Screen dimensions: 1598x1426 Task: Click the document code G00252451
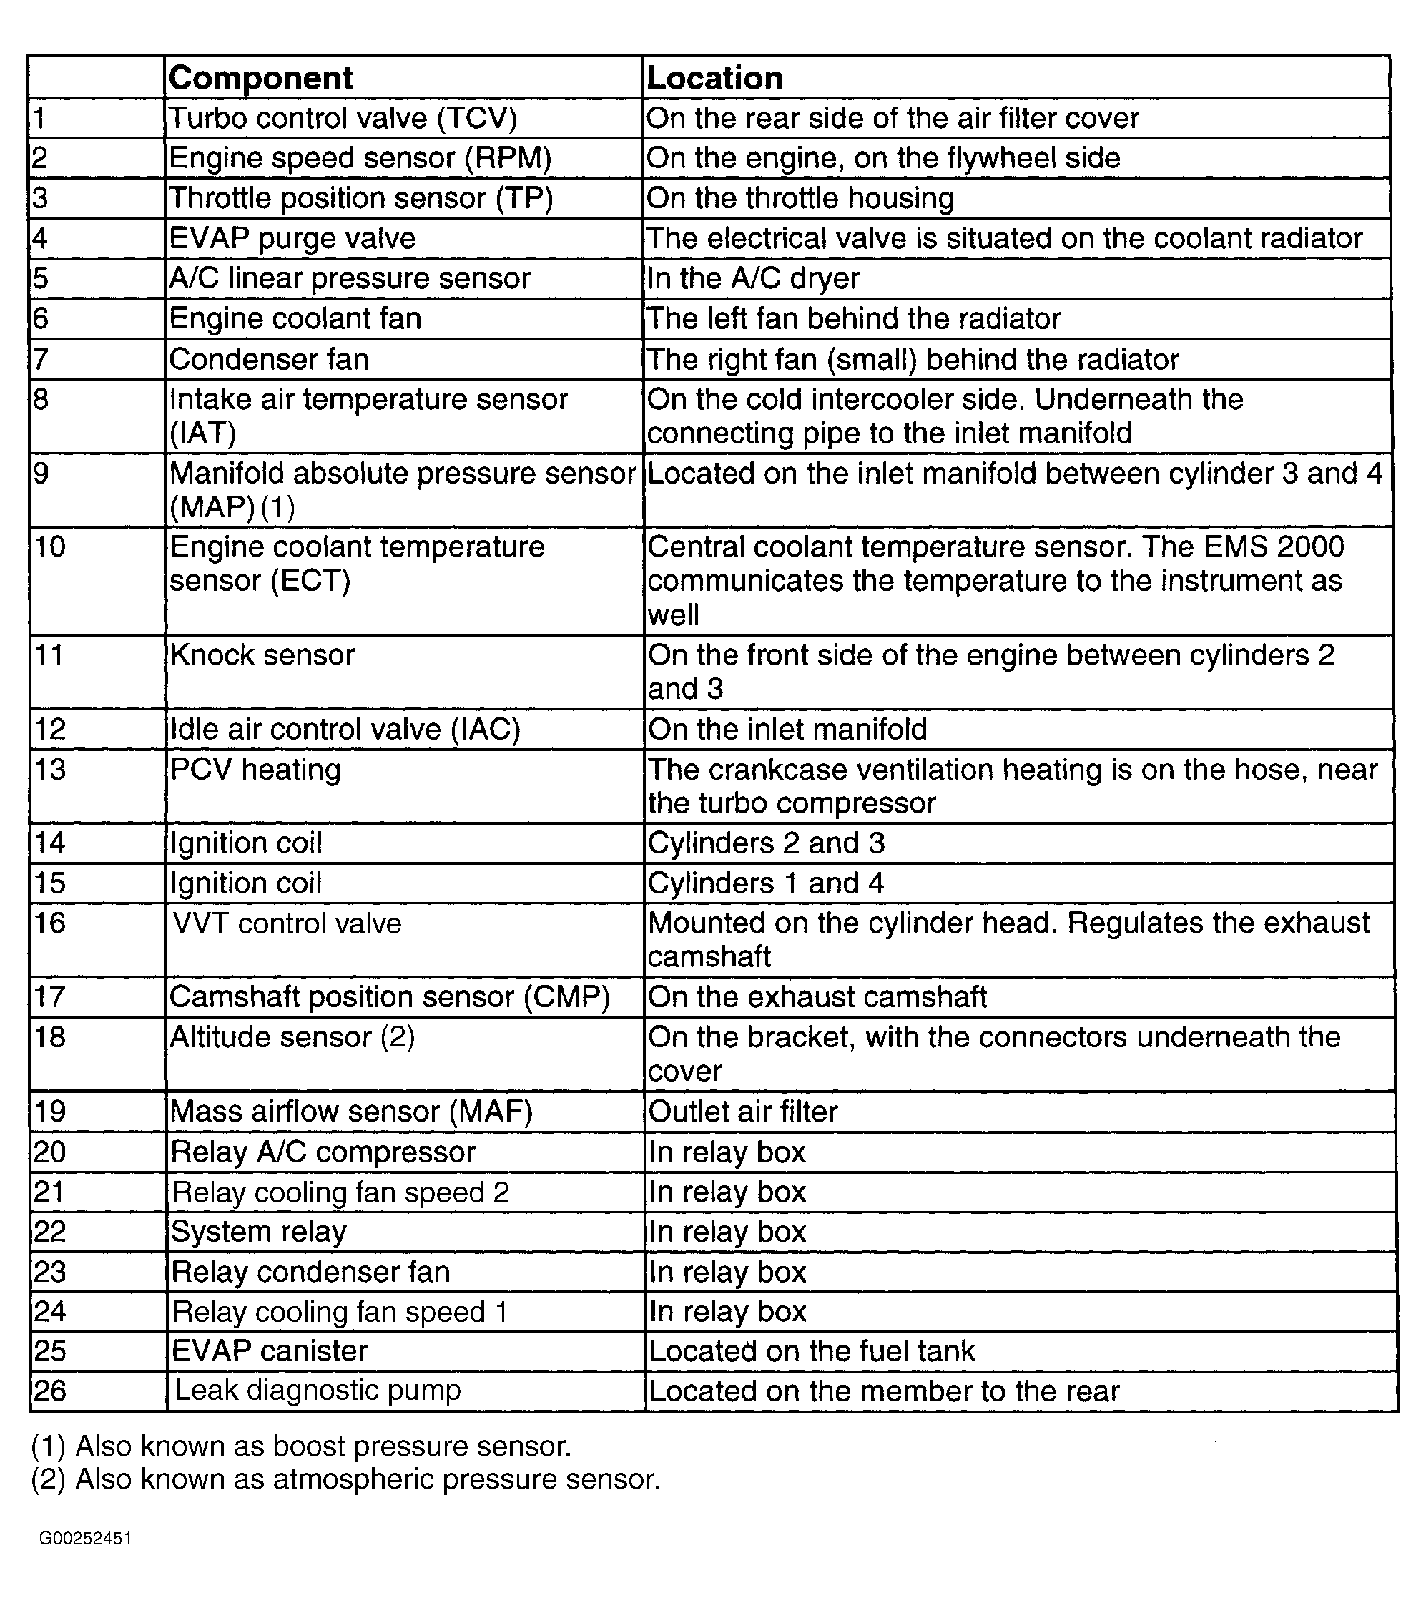85,1539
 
